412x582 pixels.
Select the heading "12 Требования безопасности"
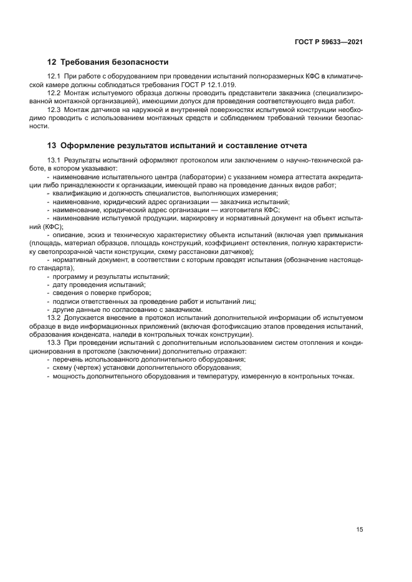tap(108, 62)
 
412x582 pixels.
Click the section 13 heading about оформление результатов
tap(177, 146)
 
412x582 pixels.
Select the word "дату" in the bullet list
tap(61, 284)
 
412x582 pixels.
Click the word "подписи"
tap(67, 301)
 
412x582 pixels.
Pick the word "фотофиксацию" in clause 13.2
tap(254, 326)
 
